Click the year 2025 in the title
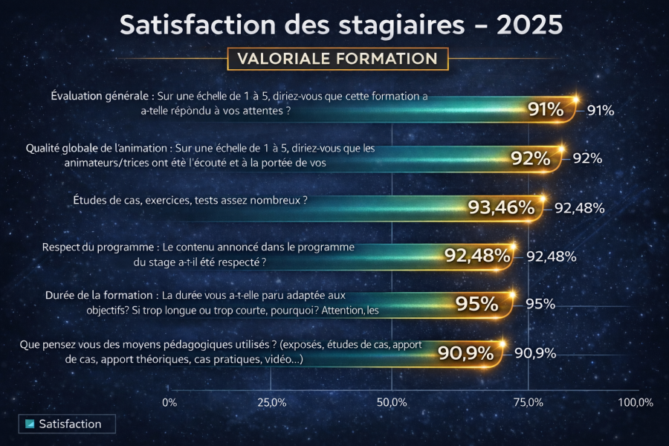530,25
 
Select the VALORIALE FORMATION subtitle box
337,58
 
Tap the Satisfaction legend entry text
70,424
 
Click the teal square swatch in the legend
30,424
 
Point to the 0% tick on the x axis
169,402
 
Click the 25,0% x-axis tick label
271,402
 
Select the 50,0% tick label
392,402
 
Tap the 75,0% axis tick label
527,402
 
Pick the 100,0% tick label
635,402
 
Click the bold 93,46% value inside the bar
501,208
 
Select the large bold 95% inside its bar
476,304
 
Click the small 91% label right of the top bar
600,111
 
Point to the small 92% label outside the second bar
587,158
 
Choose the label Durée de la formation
100,295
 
